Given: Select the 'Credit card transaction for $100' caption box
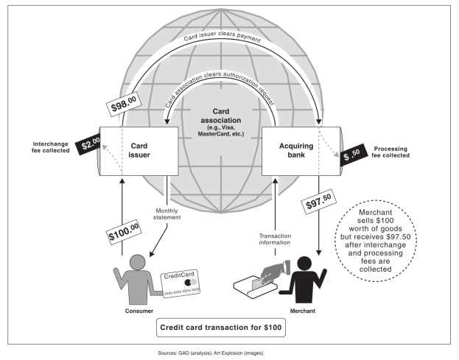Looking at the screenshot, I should tap(220, 326).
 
